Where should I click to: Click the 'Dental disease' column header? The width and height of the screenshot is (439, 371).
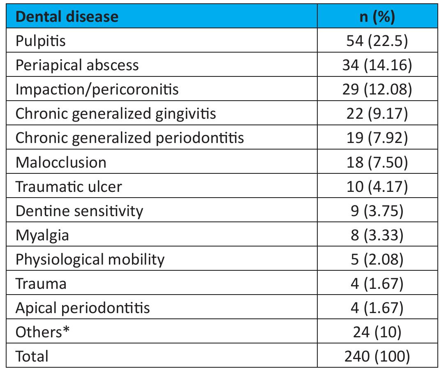67,16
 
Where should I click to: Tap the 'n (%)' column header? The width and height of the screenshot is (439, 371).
377,16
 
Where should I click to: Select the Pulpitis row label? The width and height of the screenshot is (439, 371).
40,41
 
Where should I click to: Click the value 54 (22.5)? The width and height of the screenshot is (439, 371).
377,41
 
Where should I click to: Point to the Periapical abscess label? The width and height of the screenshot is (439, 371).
77,65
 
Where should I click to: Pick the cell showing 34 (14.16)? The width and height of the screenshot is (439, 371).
377,65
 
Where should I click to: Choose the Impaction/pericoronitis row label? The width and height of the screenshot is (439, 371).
97,90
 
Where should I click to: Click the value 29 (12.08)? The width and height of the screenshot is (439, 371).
377,90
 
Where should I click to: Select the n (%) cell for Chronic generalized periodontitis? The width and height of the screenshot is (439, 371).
377,138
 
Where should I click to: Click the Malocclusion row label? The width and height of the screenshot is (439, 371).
61,162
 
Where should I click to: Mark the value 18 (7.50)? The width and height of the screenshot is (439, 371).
377,162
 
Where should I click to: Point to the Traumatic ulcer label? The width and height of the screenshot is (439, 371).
69,187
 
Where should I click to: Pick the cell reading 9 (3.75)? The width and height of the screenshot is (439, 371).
377,211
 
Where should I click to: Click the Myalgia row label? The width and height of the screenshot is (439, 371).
42,235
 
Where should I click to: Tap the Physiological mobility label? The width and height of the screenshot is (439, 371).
90,259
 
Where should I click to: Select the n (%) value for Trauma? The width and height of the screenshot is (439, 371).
377,283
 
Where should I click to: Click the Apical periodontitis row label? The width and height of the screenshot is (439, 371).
83,308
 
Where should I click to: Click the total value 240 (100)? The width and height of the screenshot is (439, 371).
377,356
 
